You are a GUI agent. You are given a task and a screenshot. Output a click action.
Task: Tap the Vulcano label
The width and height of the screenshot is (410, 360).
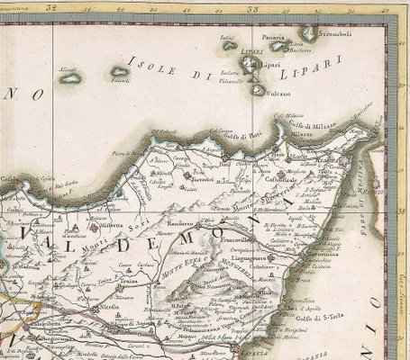(x=278, y=94)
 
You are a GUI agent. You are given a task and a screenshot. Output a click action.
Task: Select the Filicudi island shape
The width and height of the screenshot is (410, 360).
(x=119, y=71)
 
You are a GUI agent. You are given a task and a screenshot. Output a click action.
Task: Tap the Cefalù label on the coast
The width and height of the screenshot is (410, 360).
(x=11, y=178)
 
